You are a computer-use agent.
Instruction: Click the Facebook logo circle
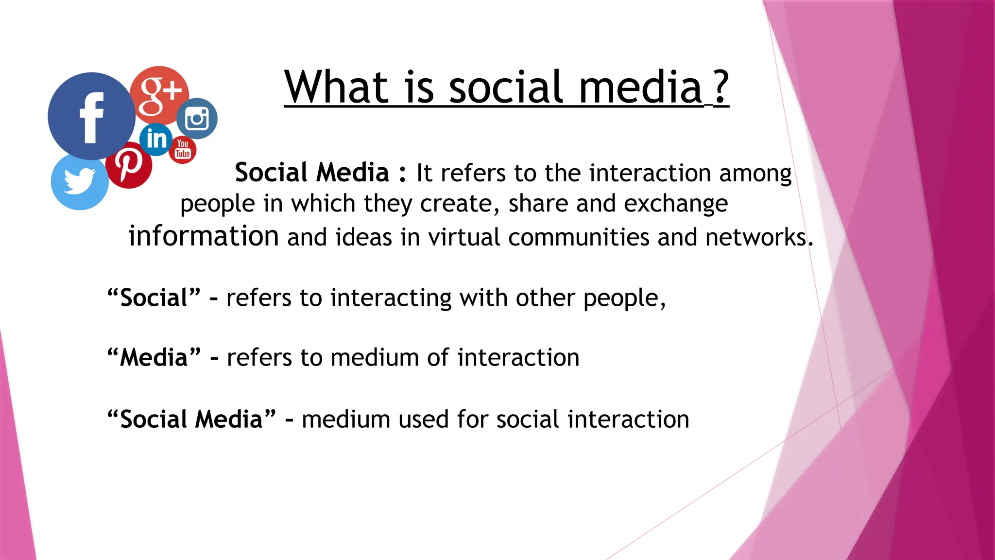point(91,116)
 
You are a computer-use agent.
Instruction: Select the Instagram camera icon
point(197,119)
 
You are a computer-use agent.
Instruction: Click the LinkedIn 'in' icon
point(156,140)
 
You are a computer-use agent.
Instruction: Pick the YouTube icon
point(183,150)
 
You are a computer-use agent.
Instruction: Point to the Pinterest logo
point(129,165)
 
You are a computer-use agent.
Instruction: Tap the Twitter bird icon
point(79,182)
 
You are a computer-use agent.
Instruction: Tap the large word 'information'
point(204,236)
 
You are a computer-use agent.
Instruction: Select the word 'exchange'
point(675,204)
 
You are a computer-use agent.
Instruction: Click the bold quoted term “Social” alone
point(154,297)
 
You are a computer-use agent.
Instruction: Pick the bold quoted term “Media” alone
point(154,358)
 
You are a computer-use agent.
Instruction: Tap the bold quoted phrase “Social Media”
point(191,419)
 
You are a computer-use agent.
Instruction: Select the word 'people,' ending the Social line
point(624,298)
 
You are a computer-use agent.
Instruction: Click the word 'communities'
point(578,237)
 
